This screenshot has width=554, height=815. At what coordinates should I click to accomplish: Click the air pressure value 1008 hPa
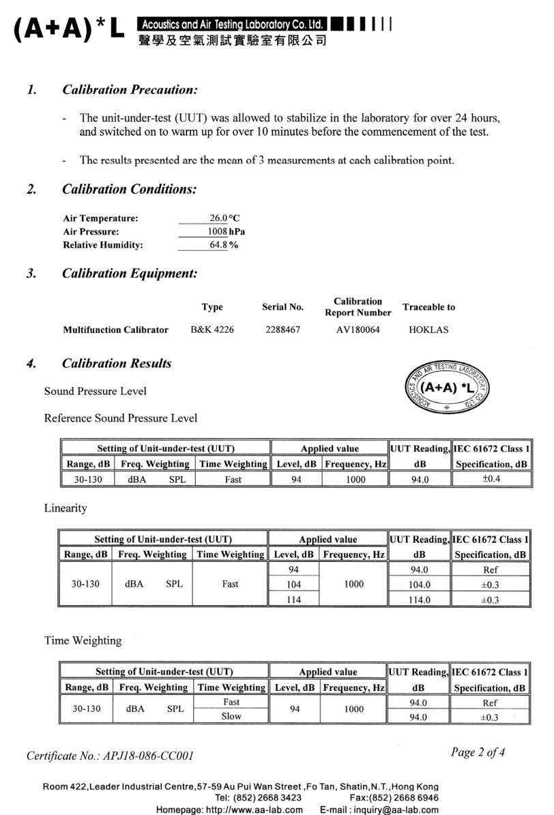click(x=227, y=232)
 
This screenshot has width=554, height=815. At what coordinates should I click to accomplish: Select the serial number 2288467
click(x=282, y=330)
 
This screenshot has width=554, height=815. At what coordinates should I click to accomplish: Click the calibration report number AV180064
click(x=358, y=330)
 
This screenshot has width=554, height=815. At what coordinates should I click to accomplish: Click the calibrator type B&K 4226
click(x=212, y=330)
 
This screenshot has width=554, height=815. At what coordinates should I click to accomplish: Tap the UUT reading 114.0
click(x=419, y=599)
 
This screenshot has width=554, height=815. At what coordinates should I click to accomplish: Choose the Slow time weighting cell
click(x=231, y=717)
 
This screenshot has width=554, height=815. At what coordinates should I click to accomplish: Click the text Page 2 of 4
click(x=478, y=752)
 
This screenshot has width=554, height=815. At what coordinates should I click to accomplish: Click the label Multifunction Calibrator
click(x=115, y=330)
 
